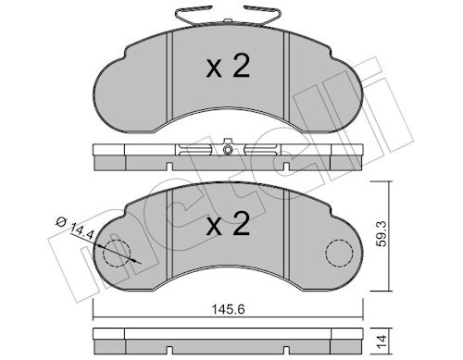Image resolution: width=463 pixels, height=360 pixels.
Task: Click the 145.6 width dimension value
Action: pyautogui.click(x=228, y=309)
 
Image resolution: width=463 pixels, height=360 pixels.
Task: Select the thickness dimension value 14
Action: pyautogui.click(x=382, y=341)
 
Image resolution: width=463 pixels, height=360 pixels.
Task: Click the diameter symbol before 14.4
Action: pyautogui.click(x=61, y=221)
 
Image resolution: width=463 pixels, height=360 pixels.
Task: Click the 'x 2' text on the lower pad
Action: pyautogui.click(x=228, y=224)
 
